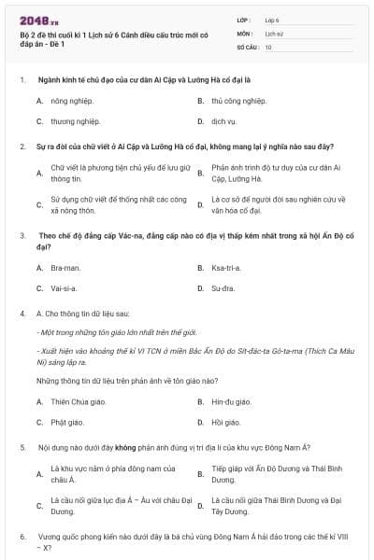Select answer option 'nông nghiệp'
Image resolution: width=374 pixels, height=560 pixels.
coord(68,100)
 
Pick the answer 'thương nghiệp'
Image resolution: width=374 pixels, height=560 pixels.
coord(69,121)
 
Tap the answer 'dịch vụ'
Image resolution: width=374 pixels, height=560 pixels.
coord(223,121)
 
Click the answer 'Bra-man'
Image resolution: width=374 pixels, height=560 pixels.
coord(65,268)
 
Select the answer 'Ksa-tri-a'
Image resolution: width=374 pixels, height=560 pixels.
coord(225,268)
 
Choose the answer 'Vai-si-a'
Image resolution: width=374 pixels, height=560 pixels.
coord(64,289)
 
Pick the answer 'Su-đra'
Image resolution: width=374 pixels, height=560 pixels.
coord(223,289)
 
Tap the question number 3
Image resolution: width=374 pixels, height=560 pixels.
coord(22,236)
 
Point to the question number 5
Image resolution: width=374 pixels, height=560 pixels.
coord(22,448)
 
